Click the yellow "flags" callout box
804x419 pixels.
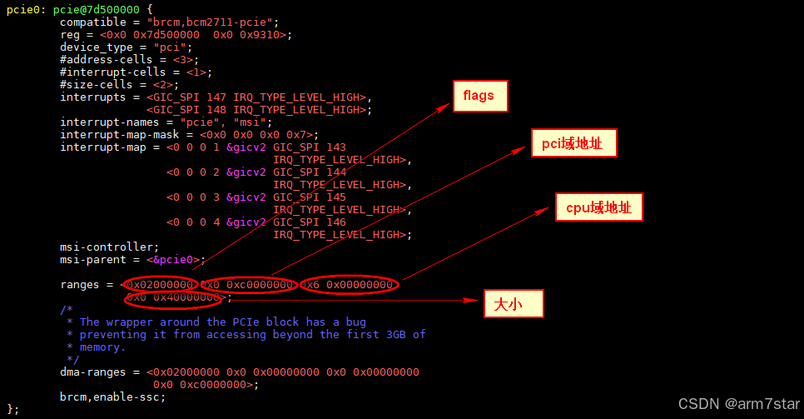(479, 96)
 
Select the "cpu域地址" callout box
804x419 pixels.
(599, 207)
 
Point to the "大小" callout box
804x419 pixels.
(514, 304)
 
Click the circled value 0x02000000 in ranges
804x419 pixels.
(161, 285)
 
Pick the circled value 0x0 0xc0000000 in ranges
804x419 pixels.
(248, 285)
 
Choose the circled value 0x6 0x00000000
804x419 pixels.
(349, 285)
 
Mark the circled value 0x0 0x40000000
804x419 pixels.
(174, 297)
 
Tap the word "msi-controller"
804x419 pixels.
(107, 247)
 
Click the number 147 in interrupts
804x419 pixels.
(216, 97)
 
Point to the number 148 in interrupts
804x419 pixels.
(216, 110)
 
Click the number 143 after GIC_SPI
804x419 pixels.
(336, 147)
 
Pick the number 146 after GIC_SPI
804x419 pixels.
(336, 222)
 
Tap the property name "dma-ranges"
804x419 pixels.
(93, 372)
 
